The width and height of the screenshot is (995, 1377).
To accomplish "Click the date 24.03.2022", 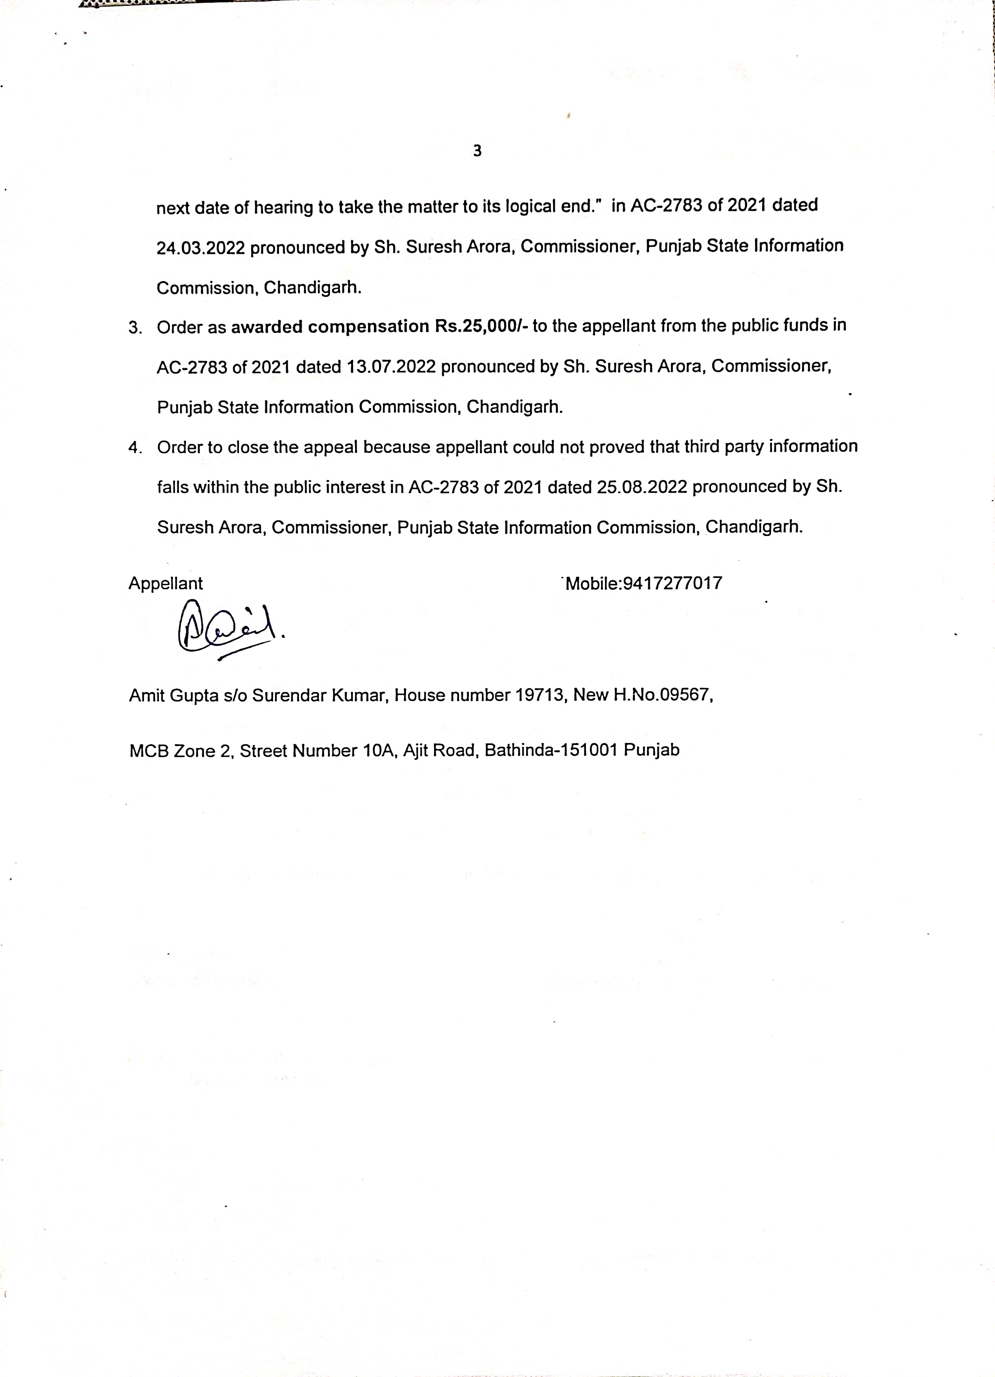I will click(x=200, y=248).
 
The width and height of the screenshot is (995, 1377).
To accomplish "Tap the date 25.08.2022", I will click(x=641, y=487).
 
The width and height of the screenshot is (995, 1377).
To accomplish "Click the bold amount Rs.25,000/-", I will click(x=482, y=327).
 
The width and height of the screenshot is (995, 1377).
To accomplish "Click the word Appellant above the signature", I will click(x=165, y=583).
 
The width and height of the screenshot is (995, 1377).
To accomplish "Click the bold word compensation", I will click(x=368, y=327).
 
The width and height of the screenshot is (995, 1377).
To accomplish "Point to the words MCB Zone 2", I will click(x=180, y=751).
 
